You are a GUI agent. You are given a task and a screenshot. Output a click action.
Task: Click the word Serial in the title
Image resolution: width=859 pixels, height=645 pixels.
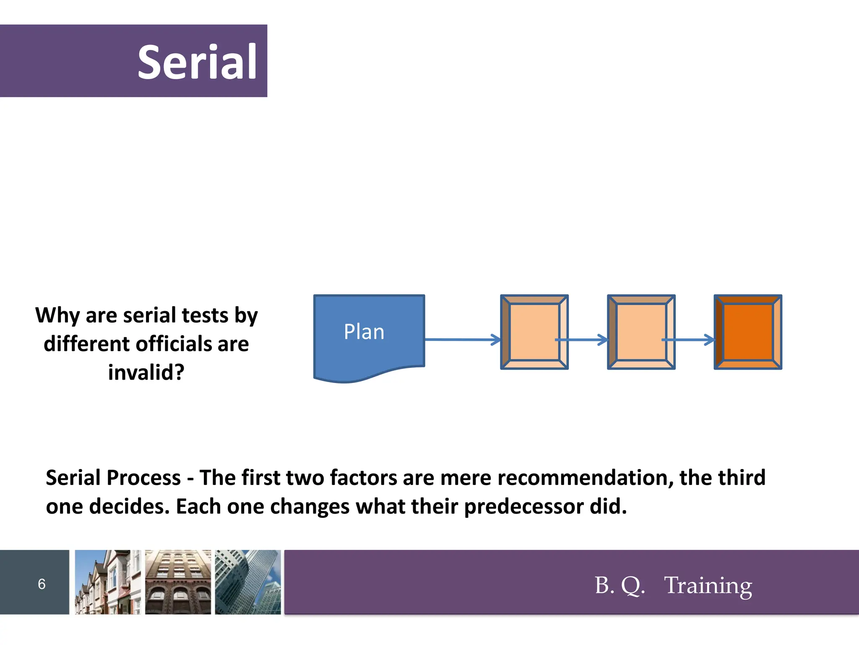coord(197,62)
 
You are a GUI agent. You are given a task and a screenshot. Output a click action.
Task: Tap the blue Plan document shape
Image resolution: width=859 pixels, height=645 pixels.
coord(369,336)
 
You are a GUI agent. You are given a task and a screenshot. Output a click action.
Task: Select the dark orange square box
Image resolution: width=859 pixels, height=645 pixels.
coord(748,332)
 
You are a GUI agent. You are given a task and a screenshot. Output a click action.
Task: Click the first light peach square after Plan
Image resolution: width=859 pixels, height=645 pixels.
coord(534,332)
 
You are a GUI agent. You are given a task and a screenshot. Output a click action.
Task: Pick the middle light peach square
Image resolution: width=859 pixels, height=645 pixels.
coord(641,332)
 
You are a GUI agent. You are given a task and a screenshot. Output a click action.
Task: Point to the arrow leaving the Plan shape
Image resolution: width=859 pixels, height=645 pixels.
coord(461,339)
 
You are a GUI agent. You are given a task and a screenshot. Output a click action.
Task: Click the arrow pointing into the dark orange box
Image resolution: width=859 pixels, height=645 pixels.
coord(690,339)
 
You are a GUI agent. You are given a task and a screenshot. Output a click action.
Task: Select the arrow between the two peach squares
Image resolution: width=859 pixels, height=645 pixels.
coord(583,339)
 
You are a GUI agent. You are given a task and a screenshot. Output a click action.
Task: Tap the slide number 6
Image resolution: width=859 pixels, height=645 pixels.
coord(42,584)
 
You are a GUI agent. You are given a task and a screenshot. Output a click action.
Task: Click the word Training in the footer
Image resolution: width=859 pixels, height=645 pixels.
coord(708,585)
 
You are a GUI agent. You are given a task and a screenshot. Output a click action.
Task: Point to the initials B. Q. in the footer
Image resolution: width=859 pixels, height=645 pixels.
coord(620,585)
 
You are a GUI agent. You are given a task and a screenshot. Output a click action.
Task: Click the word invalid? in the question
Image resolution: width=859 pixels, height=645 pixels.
coord(146,372)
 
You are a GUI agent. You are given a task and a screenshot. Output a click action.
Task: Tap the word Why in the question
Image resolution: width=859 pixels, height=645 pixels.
coord(57,315)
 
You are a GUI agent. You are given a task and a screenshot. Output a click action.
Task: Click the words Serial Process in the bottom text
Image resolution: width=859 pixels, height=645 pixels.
coord(113,477)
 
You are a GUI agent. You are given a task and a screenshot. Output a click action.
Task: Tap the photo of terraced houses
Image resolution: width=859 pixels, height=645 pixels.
coord(107,582)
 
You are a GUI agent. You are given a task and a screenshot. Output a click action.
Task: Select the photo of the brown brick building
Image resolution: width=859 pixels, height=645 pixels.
coord(178,582)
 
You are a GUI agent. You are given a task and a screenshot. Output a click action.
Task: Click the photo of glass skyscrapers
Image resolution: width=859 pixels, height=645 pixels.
coord(248,582)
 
